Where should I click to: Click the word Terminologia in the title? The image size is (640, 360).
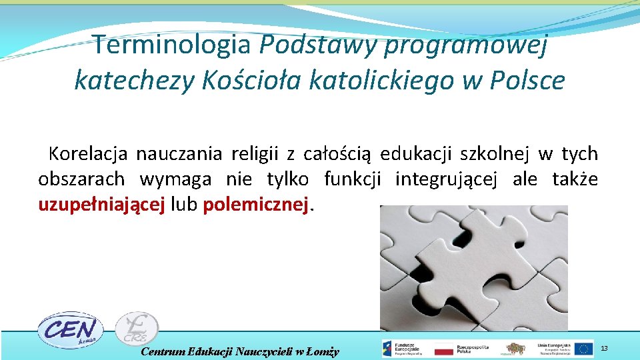(173, 45)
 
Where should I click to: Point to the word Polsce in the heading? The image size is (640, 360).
(527, 80)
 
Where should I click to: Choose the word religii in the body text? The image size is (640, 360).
(255, 154)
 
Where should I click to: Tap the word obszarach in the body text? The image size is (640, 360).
(81, 179)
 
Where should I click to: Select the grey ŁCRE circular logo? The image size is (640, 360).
(136, 329)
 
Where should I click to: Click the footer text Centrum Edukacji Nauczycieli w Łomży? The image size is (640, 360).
(240, 351)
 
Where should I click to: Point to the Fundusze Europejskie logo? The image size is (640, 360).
(404, 349)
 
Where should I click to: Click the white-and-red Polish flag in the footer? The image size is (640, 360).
(443, 349)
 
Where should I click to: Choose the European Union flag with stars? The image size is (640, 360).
(583, 349)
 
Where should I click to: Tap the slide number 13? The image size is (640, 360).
(604, 349)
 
